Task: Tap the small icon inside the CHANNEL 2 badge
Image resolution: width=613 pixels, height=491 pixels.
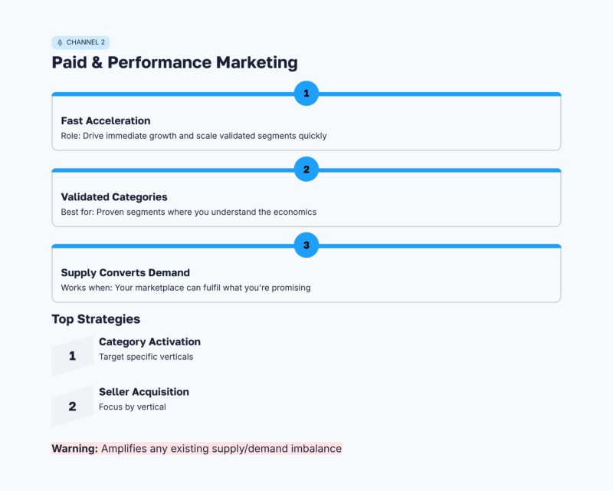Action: [61, 43]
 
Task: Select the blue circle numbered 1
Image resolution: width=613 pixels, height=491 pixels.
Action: [306, 94]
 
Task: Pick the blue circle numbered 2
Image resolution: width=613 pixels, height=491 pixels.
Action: [306, 170]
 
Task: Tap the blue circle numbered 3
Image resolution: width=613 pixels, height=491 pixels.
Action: [306, 245]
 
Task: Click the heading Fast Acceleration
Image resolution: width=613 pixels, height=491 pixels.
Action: [106, 120]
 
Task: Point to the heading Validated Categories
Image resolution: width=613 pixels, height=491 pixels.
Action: [114, 196]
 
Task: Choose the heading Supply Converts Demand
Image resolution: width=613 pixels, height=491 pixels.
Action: [125, 272]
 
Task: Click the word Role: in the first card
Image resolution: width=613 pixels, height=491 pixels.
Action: [70, 136]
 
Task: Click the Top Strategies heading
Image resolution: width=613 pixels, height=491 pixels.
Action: [96, 319]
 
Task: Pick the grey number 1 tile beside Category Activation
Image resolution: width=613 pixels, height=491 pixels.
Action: [72, 356]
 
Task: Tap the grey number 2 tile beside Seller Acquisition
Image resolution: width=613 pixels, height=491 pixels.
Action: [72, 407]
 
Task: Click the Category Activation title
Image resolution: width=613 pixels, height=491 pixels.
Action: [149, 341]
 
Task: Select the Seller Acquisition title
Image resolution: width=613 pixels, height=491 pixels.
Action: [143, 392]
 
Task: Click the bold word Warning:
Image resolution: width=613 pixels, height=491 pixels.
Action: [74, 448]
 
